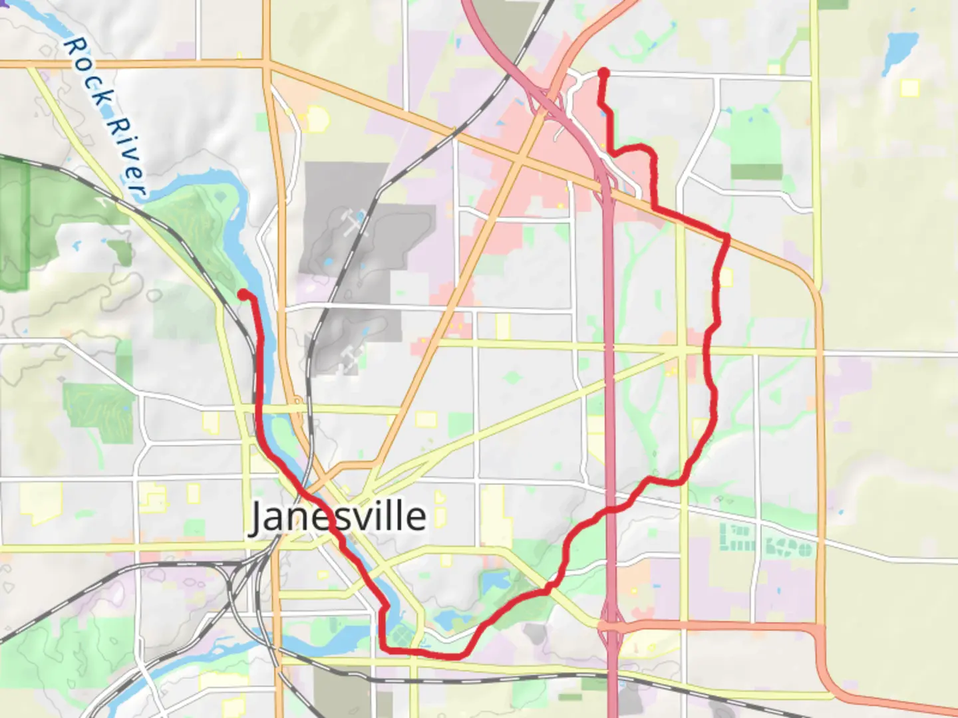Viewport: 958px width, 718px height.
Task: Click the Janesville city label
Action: pyautogui.click(x=337, y=517)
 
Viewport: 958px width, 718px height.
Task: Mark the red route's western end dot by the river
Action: pyautogui.click(x=243, y=294)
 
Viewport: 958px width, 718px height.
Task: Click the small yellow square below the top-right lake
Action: pyautogui.click(x=909, y=87)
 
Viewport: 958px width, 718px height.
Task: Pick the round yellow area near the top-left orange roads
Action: pyautogui.click(x=318, y=120)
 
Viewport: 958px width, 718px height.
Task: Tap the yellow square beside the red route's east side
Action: pyautogui.click(x=726, y=277)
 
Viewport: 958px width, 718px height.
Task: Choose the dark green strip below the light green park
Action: pyautogui.click(x=756, y=172)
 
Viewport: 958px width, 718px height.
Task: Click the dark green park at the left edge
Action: pyautogui.click(x=15, y=226)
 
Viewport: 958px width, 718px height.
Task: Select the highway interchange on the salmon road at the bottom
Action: pyautogui.click(x=611, y=626)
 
